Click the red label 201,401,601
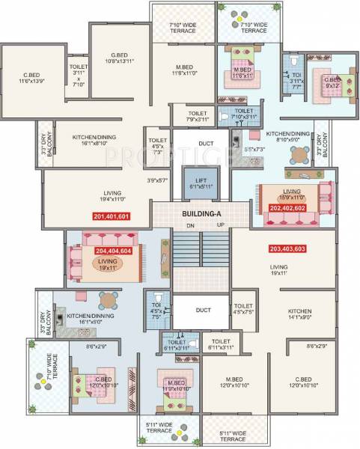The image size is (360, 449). click(112, 217)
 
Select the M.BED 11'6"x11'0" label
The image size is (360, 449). click(183, 70)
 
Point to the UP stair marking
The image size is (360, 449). click(220, 224)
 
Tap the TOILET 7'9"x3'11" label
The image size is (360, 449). click(190, 117)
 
